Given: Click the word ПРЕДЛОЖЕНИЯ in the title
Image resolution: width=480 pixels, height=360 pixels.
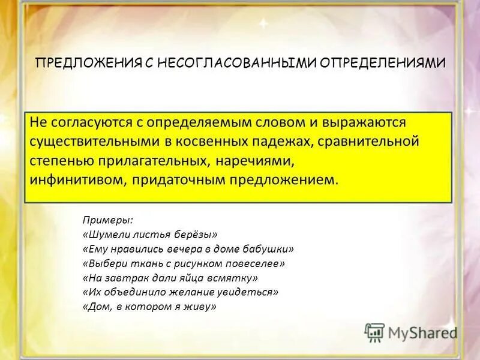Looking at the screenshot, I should (x=88, y=62).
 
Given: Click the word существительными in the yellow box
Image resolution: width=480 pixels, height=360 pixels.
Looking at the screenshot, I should (x=83, y=142).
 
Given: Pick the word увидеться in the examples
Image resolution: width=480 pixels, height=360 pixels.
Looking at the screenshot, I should (x=253, y=292).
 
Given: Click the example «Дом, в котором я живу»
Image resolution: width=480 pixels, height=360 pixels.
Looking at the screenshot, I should (x=148, y=307).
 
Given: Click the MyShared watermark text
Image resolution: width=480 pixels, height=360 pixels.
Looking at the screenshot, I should (x=422, y=332).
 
